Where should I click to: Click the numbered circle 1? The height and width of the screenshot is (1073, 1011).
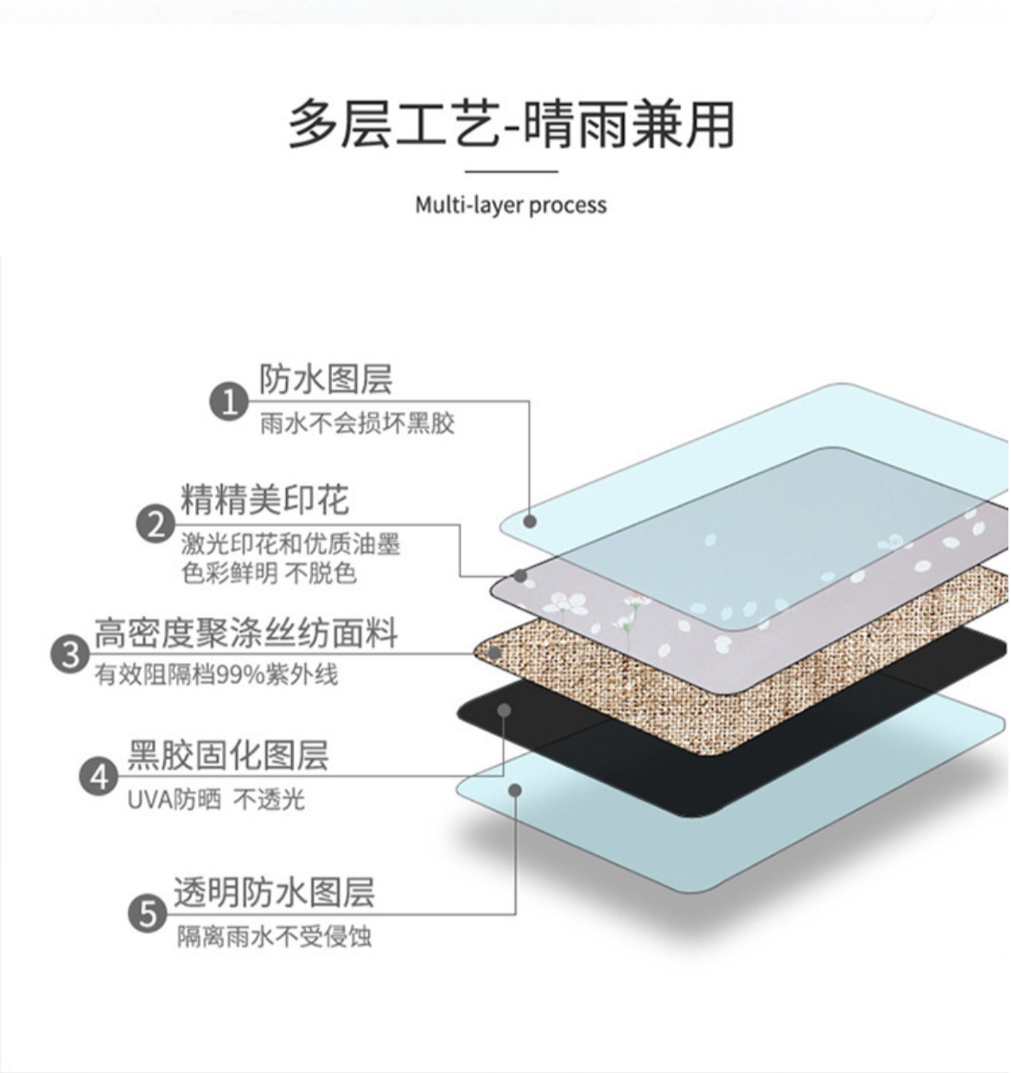229,401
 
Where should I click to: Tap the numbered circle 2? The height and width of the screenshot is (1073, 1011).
156,524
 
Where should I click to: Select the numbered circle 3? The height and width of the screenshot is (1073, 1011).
70,654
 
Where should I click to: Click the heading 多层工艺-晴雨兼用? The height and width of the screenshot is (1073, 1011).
511,124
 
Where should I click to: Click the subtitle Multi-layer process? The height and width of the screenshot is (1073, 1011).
511,205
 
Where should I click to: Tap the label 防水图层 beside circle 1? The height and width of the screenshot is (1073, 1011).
326,380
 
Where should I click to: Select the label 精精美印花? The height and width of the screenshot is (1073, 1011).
264,500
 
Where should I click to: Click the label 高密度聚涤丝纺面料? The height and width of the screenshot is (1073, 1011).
246,632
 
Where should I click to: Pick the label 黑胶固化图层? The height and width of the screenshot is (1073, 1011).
228,754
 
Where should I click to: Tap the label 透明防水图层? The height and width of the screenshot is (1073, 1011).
274,891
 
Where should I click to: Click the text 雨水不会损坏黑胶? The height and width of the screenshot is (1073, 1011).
357,424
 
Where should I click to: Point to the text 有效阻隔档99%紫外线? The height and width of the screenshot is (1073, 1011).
216,674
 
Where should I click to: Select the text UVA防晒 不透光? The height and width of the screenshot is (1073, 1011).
216,800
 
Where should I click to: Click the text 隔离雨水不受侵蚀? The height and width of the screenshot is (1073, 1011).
274,936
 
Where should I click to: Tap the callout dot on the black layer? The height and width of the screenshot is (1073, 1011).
505,710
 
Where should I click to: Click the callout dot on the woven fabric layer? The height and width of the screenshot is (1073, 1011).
494,653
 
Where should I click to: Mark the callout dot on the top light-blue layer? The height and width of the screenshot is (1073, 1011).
531,521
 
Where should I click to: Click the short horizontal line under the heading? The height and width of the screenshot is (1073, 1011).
511,171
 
